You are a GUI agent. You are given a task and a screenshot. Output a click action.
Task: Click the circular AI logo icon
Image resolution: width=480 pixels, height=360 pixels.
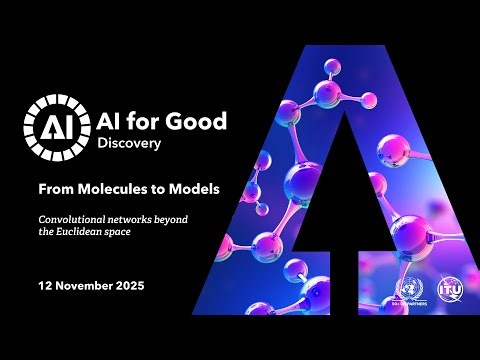pos(48,127)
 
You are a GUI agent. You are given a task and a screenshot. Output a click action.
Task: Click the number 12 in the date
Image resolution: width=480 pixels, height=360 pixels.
pos(45,286)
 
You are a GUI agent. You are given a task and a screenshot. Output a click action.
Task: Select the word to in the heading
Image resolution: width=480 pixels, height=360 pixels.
pos(163,187)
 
